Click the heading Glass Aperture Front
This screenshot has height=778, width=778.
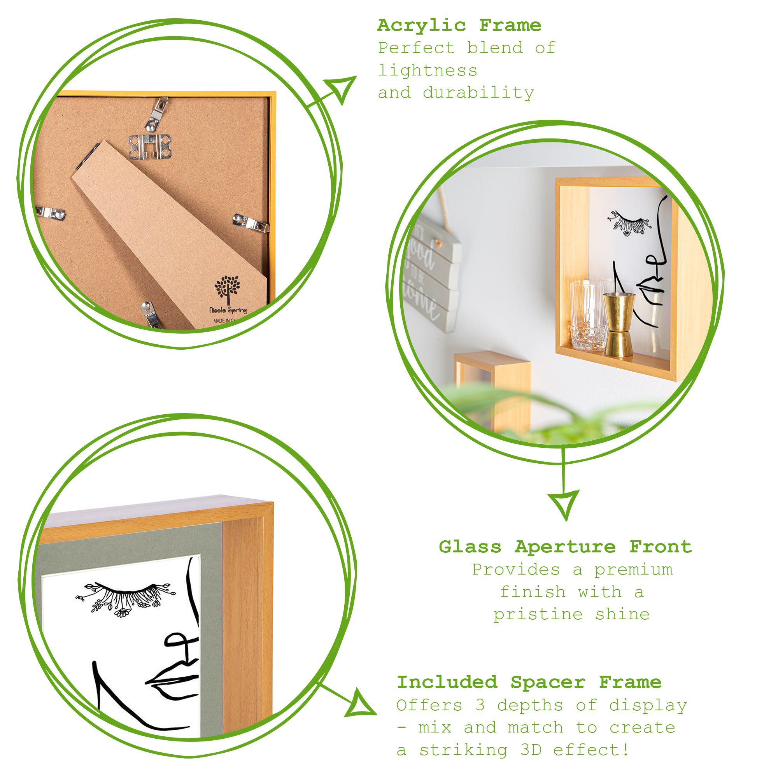coord(565,547)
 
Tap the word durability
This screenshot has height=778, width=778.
coord(478,93)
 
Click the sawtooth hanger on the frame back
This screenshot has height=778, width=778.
coord(150,145)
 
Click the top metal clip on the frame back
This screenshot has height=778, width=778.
coord(156,114)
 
